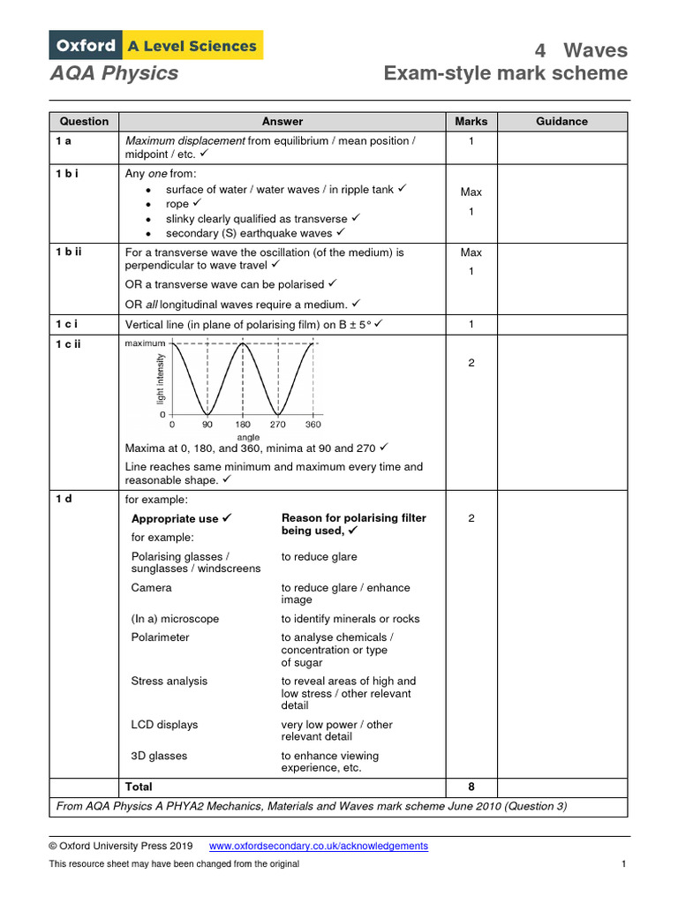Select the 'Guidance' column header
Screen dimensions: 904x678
click(561, 122)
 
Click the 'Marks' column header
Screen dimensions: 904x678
click(471, 122)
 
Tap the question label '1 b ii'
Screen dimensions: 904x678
click(69, 252)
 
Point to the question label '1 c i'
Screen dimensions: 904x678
click(67, 324)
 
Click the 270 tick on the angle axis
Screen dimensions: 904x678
click(277, 425)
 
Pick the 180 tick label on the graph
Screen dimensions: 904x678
click(242, 425)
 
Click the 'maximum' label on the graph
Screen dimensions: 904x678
click(145, 343)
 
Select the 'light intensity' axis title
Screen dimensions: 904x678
click(160, 380)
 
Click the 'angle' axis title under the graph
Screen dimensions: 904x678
click(248, 437)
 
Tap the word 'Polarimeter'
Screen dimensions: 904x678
click(160, 637)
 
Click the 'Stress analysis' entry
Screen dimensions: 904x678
click(169, 682)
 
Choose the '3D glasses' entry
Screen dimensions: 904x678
click(159, 756)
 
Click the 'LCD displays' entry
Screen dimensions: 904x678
click(164, 725)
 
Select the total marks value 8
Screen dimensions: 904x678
click(471, 787)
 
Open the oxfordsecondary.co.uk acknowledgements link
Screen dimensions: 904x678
click(318, 846)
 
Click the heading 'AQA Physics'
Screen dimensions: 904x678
click(114, 73)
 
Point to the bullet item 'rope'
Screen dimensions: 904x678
click(177, 204)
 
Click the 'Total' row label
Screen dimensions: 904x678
click(139, 787)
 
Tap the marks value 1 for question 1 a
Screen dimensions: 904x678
click(471, 141)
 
